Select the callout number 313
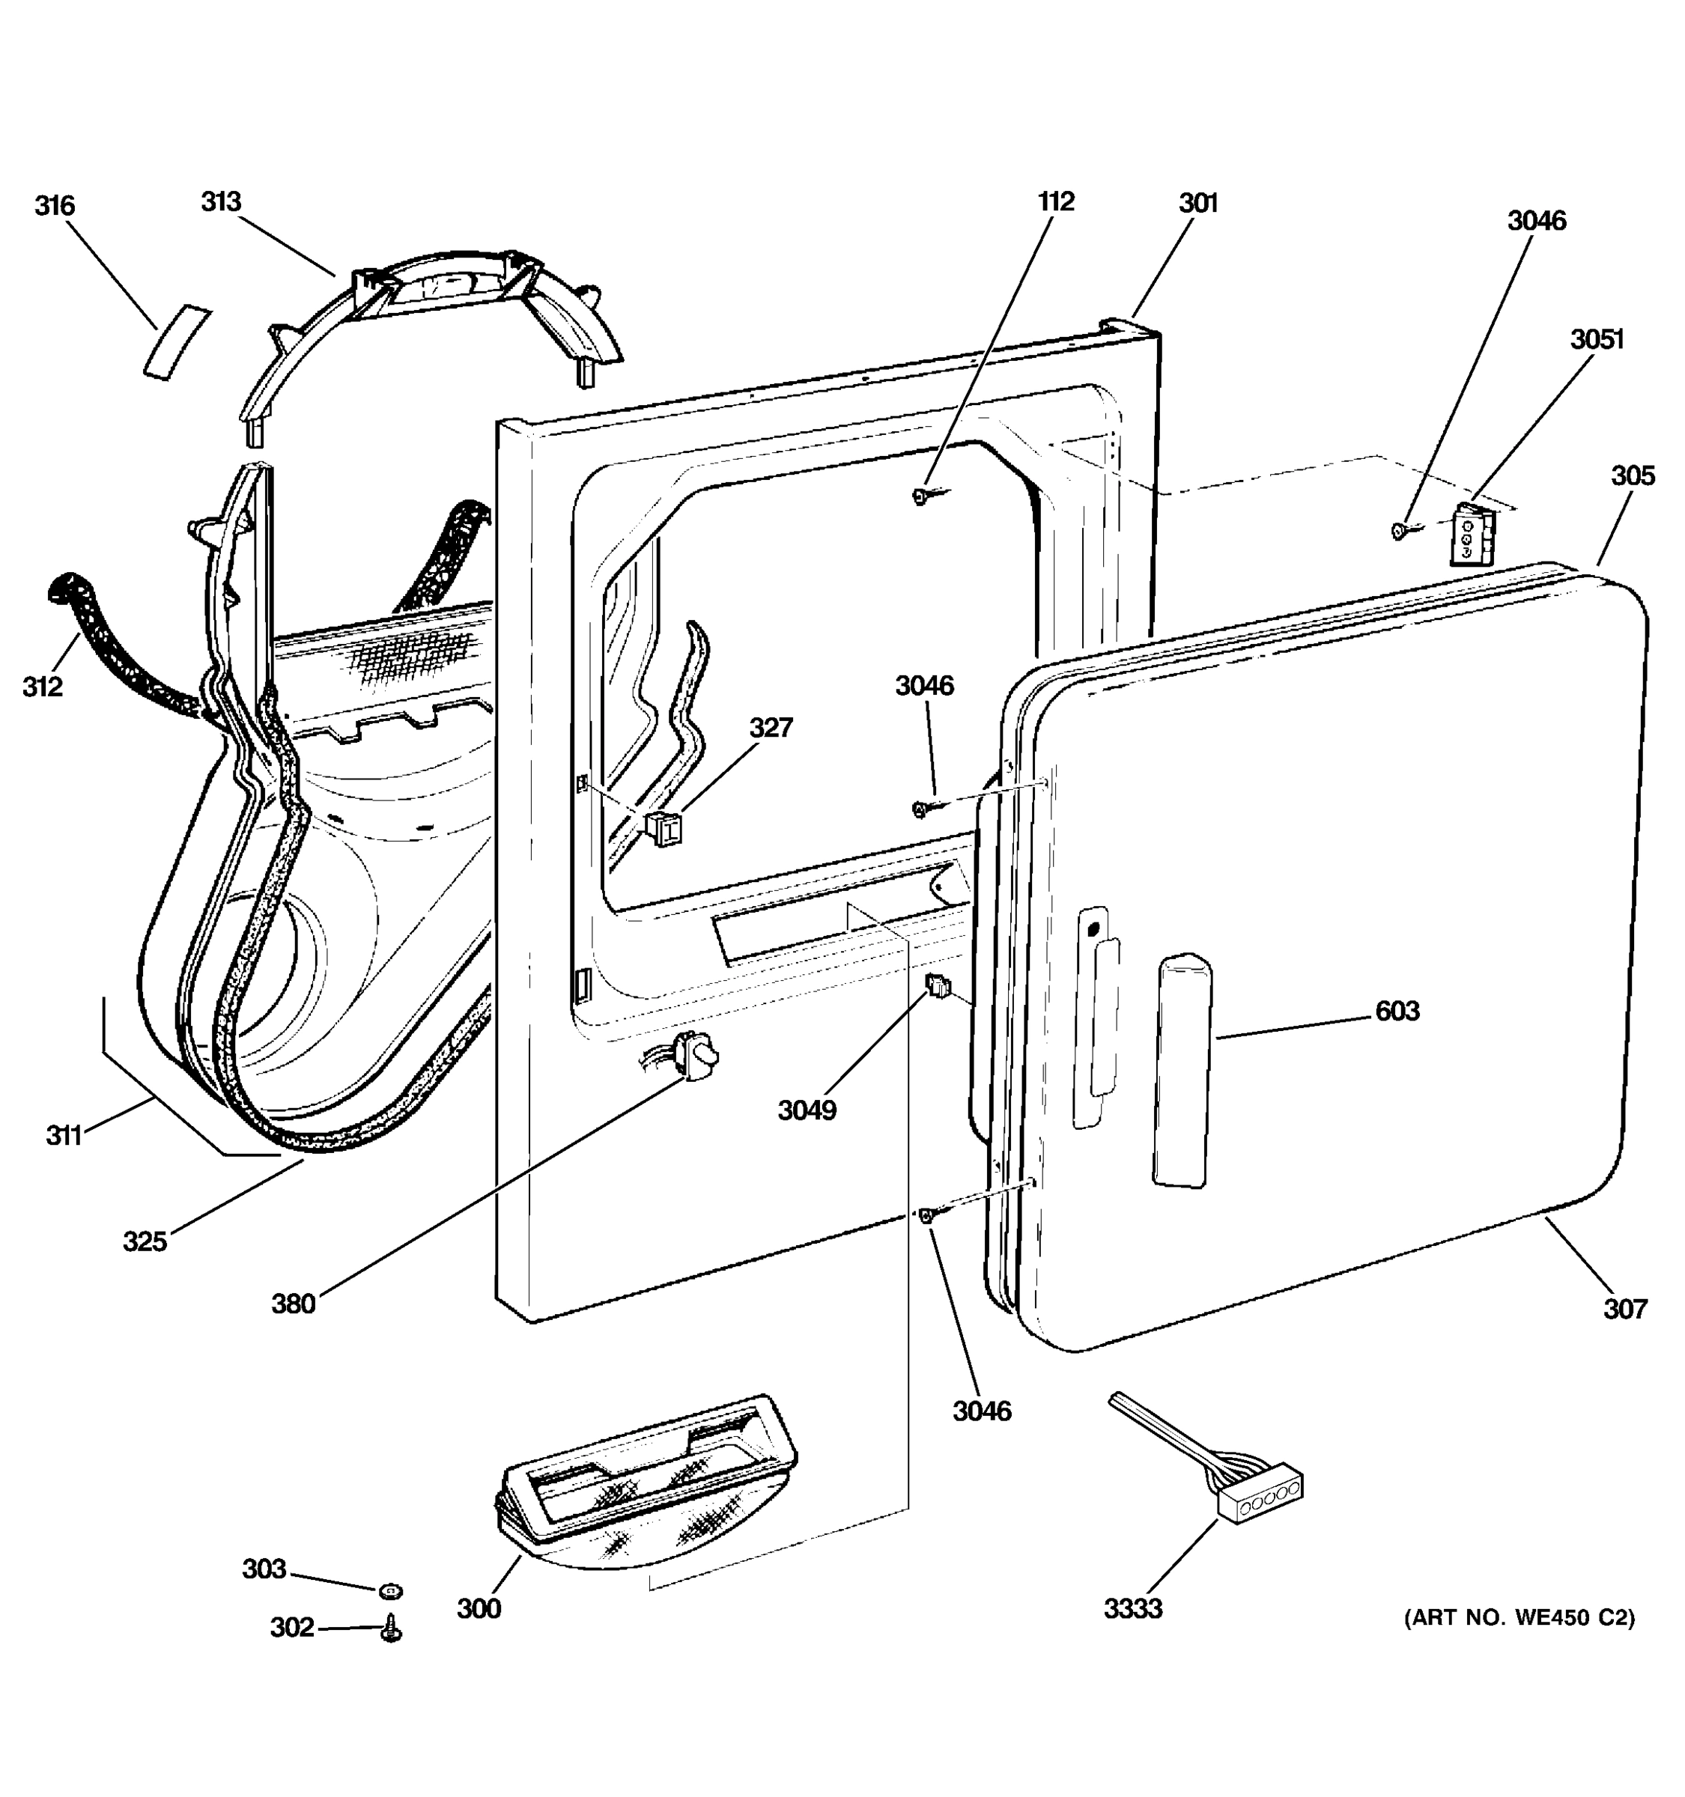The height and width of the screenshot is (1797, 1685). (x=222, y=201)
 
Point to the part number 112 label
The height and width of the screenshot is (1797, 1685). (x=1056, y=201)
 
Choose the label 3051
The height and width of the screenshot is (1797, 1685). (x=1597, y=339)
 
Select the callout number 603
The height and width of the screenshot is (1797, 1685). (x=1397, y=1011)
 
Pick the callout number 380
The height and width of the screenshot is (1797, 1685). (x=294, y=1304)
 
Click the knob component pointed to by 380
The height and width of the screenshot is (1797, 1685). (x=698, y=1055)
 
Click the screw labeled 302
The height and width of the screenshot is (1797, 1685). (x=392, y=1629)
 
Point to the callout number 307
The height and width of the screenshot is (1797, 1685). (x=1625, y=1308)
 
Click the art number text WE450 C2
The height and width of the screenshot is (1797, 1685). (x=1519, y=1618)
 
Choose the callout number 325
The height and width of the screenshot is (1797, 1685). (x=145, y=1241)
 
